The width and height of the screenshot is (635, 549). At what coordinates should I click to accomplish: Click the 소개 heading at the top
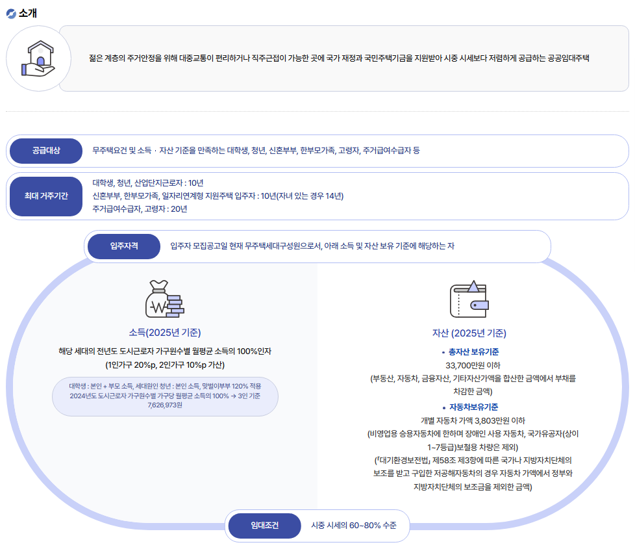click(x=28, y=14)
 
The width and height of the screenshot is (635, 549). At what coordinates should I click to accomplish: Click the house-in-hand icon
click(x=38, y=58)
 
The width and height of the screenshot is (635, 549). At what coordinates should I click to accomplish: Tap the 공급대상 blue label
click(x=46, y=151)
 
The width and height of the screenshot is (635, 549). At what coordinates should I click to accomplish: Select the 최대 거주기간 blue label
click(x=46, y=196)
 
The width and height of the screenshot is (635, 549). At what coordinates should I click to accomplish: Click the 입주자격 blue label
click(x=123, y=246)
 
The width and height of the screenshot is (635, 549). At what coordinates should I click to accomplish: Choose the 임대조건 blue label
click(x=264, y=526)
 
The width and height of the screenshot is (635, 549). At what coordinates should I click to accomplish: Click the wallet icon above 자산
click(x=469, y=299)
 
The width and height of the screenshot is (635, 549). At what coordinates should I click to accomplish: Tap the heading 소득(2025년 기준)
click(x=164, y=332)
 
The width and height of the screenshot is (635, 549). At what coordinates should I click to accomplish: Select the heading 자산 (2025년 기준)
click(x=469, y=333)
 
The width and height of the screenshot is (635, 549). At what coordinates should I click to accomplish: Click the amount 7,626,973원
click(x=165, y=405)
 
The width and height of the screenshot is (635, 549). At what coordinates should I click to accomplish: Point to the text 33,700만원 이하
click(x=469, y=364)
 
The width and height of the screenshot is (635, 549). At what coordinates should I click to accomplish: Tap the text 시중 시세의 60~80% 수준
click(x=353, y=526)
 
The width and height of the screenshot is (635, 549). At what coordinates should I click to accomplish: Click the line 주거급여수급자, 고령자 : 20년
click(x=140, y=209)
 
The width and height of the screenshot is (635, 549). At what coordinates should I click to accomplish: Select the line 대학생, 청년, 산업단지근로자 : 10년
click(x=148, y=183)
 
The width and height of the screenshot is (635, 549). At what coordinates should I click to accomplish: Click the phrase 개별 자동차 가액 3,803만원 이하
click(x=469, y=420)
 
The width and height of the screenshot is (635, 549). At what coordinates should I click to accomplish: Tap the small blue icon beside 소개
click(x=10, y=14)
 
